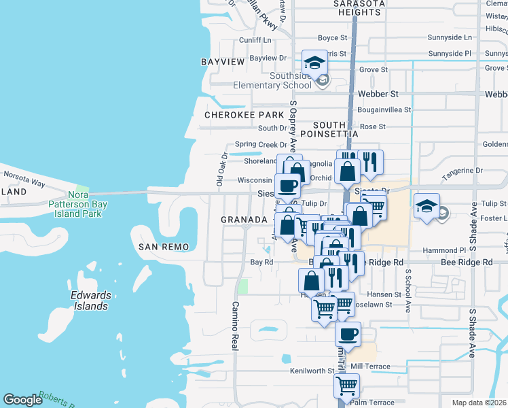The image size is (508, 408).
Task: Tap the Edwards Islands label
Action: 90,301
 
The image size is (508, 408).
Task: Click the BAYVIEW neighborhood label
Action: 223,62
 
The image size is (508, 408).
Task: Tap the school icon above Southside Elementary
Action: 314,63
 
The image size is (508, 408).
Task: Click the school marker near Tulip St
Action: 427,206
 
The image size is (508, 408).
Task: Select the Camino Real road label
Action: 235,326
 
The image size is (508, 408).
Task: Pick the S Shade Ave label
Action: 473,331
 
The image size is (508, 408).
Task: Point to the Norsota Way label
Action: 24,184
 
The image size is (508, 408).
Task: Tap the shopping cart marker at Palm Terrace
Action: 347,386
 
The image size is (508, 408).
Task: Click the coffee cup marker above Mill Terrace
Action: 348,334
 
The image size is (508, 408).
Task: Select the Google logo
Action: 22,400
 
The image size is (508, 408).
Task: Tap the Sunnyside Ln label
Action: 450,37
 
